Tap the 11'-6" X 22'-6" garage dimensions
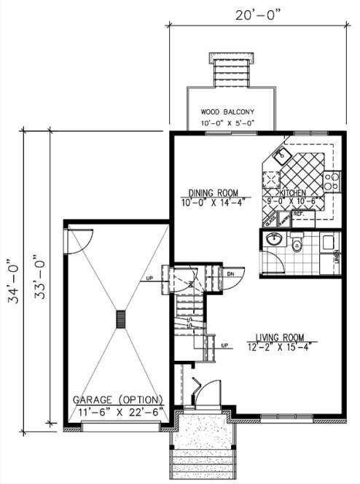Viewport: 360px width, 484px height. (120, 412)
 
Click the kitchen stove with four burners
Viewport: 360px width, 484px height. (332, 181)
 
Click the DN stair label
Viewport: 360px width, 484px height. (230, 273)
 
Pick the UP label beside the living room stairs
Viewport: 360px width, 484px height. (224, 345)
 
